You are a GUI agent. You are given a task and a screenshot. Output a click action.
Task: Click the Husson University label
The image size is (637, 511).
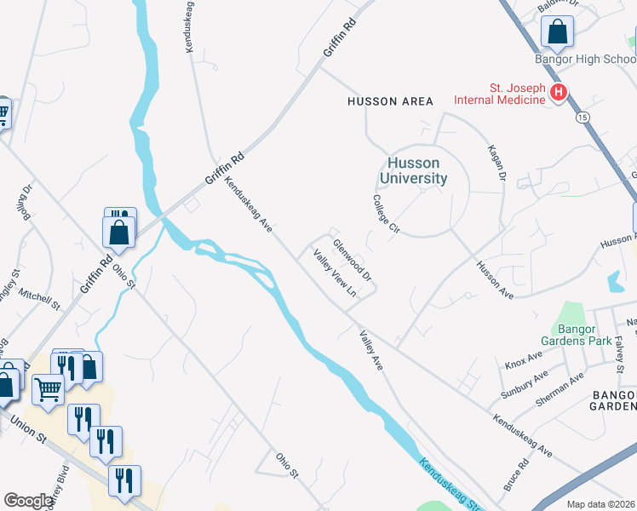click(413, 170)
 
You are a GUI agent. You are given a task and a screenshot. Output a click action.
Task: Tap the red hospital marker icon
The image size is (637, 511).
click(559, 92)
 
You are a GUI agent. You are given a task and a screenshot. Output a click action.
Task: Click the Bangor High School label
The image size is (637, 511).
click(585, 60)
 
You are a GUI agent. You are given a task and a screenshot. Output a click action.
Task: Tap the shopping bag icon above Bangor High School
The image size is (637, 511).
click(557, 32)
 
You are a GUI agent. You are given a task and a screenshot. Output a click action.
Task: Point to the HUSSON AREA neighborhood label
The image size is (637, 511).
click(390, 101)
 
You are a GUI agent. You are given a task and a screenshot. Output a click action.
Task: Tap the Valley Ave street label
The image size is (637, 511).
click(371, 350)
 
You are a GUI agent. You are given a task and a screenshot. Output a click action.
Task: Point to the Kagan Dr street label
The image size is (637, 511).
click(496, 162)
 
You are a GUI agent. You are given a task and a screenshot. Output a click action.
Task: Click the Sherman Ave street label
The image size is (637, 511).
click(560, 388)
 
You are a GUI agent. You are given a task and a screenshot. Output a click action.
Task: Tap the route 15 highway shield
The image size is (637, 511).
click(582, 115)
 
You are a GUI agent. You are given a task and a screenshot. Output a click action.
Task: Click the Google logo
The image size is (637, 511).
click(28, 501)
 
